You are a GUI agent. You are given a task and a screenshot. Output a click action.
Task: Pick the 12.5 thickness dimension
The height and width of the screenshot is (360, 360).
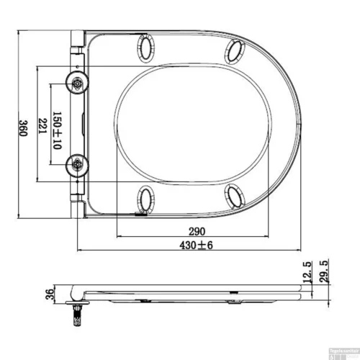(x=308, y=273)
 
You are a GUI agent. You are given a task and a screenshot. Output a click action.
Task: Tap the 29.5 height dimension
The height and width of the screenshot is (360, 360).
(x=323, y=273)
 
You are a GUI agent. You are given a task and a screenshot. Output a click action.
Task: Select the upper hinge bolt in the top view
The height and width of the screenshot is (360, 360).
(x=76, y=83)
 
